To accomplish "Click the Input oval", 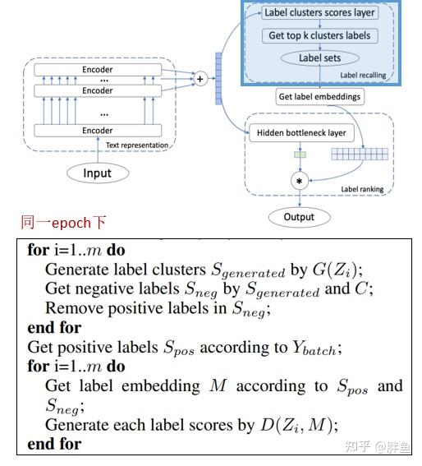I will tap(97, 173).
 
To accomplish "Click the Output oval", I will tap(300, 217).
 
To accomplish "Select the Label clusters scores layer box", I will tap(319, 13).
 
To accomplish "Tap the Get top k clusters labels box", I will tap(319, 36).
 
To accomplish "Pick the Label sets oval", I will tap(319, 58).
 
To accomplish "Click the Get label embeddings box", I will tap(319, 96).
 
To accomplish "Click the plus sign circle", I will tap(199, 79).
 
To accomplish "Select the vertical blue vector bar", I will tap(218, 78).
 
